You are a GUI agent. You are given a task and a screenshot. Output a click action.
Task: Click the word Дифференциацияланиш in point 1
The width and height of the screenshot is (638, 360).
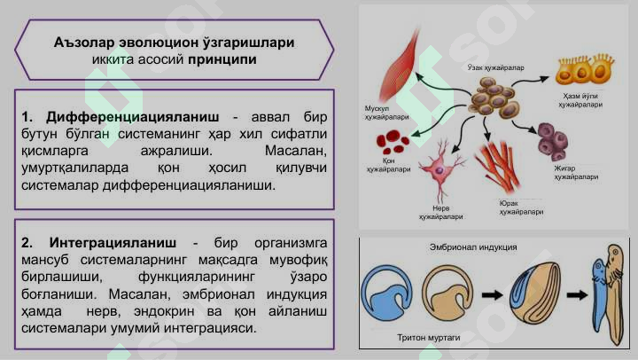(132, 117)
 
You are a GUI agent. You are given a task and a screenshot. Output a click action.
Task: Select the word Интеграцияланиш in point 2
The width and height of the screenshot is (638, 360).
(113, 243)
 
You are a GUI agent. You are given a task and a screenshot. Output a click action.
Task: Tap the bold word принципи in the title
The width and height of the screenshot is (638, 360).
(222, 60)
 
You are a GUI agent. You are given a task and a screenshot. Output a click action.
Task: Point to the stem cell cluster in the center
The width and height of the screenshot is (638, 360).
(494, 98)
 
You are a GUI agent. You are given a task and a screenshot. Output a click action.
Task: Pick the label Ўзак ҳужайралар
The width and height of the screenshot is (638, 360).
(495, 67)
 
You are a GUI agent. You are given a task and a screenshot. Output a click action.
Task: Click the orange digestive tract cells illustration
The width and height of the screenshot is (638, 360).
(584, 70)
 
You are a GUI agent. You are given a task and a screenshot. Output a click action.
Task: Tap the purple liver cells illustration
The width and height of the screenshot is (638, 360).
(553, 141)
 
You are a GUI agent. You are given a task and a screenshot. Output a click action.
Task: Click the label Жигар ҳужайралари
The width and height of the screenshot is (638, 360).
(576, 173)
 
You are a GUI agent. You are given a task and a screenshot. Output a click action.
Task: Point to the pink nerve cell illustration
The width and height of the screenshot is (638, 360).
(441, 169)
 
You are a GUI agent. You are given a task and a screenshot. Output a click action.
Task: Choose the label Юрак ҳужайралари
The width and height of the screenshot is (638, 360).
(521, 207)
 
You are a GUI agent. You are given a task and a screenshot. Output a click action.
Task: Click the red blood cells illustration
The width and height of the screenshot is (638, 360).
(393, 142)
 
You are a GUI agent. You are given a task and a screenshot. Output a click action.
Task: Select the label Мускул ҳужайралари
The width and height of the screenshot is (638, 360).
(386, 113)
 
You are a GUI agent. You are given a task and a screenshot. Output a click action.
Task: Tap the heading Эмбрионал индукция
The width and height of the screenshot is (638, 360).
(473, 247)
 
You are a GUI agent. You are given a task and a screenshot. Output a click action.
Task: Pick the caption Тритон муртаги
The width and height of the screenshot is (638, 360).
(429, 338)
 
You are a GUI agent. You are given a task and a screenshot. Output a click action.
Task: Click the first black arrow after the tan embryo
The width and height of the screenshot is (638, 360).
(492, 294)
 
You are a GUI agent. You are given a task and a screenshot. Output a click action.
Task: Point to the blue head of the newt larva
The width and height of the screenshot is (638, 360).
(598, 270)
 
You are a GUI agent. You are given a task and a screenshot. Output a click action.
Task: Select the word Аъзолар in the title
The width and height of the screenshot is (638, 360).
(83, 43)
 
